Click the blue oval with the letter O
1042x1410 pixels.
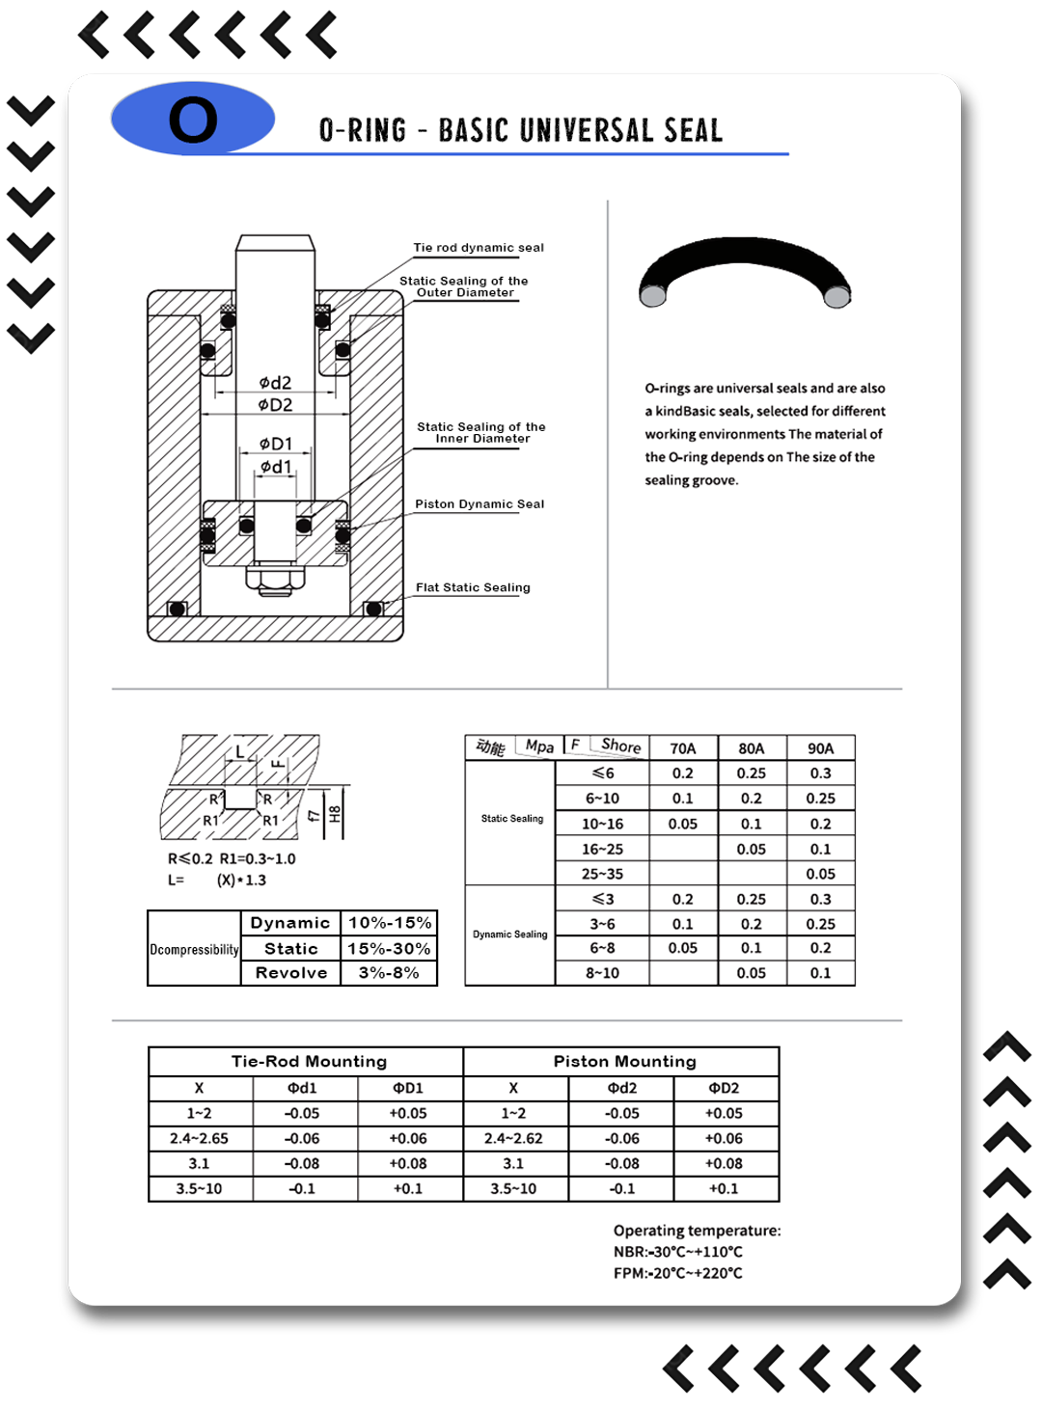click(193, 119)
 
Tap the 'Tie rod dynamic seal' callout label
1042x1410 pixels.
click(479, 248)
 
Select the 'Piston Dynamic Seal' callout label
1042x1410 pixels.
click(480, 504)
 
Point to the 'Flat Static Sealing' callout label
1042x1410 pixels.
click(473, 587)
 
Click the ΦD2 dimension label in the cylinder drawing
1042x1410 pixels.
click(275, 405)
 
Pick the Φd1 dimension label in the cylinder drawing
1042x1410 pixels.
click(275, 467)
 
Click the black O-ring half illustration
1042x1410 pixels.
click(745, 269)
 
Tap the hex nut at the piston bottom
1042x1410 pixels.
click(275, 578)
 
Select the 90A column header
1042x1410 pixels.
click(820, 748)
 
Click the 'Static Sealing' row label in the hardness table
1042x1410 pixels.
click(511, 819)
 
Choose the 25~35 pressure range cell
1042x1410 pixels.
click(602, 874)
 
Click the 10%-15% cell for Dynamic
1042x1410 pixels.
click(389, 923)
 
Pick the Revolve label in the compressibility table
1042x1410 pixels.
click(290, 973)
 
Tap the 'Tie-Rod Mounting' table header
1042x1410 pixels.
click(309, 1062)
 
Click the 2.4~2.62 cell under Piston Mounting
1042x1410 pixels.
click(513, 1138)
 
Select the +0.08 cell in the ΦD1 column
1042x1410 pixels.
click(408, 1163)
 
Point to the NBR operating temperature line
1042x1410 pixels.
click(678, 1252)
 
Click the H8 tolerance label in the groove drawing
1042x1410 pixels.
click(335, 813)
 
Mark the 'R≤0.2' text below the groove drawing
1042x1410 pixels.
click(190, 858)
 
